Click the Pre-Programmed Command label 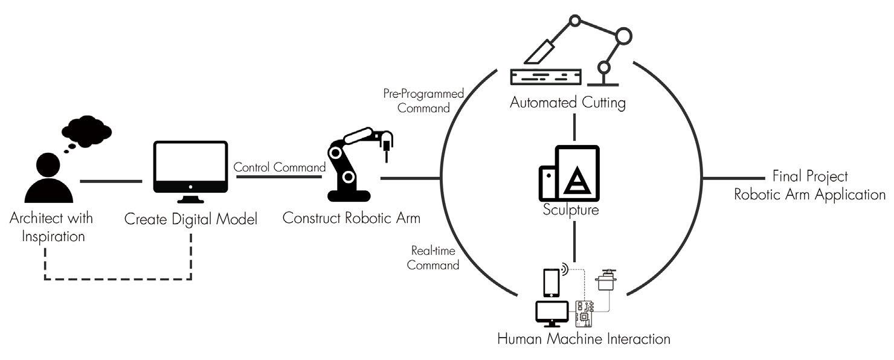pos(423,101)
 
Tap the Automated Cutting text pos(567,103)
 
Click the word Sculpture pos(571,210)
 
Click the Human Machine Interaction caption pos(584,338)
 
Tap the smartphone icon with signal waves pos(551,281)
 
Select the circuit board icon pos(585,313)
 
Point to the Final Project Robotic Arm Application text pos(809,185)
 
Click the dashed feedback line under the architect pos(118,278)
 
